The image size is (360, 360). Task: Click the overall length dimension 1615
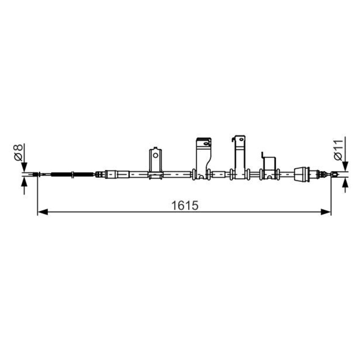(x=185, y=205)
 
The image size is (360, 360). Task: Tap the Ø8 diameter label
(x=18, y=152)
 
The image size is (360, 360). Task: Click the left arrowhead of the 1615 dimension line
(x=42, y=212)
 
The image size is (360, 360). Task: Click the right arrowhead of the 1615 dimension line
(x=326, y=212)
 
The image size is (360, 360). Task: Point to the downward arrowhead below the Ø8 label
(x=24, y=167)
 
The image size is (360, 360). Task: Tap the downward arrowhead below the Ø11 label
(x=345, y=166)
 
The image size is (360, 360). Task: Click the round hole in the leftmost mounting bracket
(x=155, y=155)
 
